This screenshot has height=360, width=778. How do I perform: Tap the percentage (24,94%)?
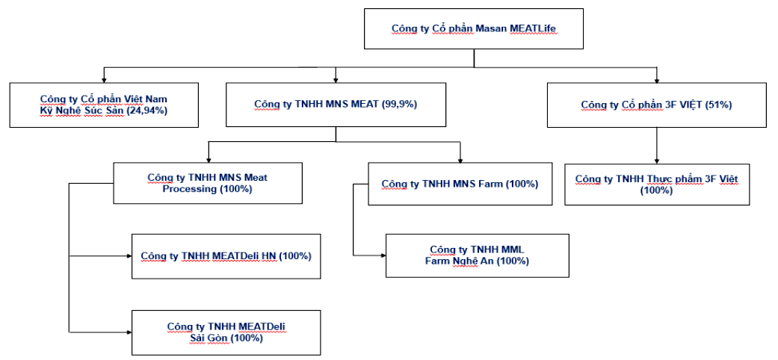(x=146, y=111)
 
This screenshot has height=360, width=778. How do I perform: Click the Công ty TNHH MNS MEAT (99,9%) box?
(x=336, y=105)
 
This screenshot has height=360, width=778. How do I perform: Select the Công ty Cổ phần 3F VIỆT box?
(x=656, y=105)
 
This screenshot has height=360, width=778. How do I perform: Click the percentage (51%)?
(x=718, y=105)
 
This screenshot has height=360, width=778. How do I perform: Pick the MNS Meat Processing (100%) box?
(x=208, y=183)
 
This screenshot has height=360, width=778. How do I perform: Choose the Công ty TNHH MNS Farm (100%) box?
(x=460, y=184)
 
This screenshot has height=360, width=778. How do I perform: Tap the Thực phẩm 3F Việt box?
(x=656, y=184)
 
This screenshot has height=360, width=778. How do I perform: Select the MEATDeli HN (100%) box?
(x=226, y=256)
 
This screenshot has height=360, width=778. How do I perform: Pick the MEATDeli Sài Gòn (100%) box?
(x=226, y=332)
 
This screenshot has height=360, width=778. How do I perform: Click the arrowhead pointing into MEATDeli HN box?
(x=128, y=256)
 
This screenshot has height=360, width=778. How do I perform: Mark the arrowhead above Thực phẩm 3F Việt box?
(x=656, y=160)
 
